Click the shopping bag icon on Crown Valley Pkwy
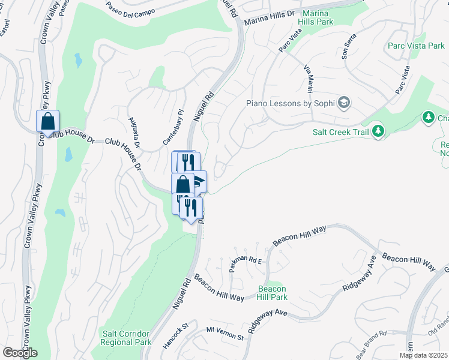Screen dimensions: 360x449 [x=48, y=121]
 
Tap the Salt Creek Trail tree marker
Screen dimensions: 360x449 [x=378, y=130]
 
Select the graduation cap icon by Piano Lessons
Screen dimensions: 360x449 [x=344, y=103]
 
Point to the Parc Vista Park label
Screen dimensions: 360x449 [x=415, y=46]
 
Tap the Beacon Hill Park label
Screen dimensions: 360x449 [x=272, y=293]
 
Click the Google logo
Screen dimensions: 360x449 [x=20, y=353]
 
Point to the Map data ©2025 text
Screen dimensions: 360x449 [x=423, y=355]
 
